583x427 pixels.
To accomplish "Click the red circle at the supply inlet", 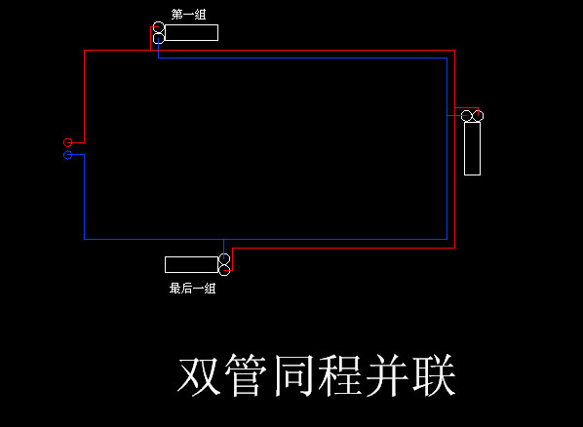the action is (67, 142).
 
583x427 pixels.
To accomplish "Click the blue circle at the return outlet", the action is (67, 155).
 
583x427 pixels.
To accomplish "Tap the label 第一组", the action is (188, 15).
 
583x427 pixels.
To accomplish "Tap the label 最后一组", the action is (192, 289).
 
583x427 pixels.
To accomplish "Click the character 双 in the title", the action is (199, 375).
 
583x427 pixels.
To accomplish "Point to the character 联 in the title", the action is (434, 375).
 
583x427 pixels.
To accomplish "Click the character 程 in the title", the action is (340, 375).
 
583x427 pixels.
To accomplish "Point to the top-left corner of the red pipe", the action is (85, 51).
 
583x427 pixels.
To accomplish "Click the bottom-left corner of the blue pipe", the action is (85, 239).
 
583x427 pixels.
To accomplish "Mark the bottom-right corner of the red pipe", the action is (454, 248).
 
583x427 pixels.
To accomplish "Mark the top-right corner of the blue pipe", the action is (447, 58).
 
